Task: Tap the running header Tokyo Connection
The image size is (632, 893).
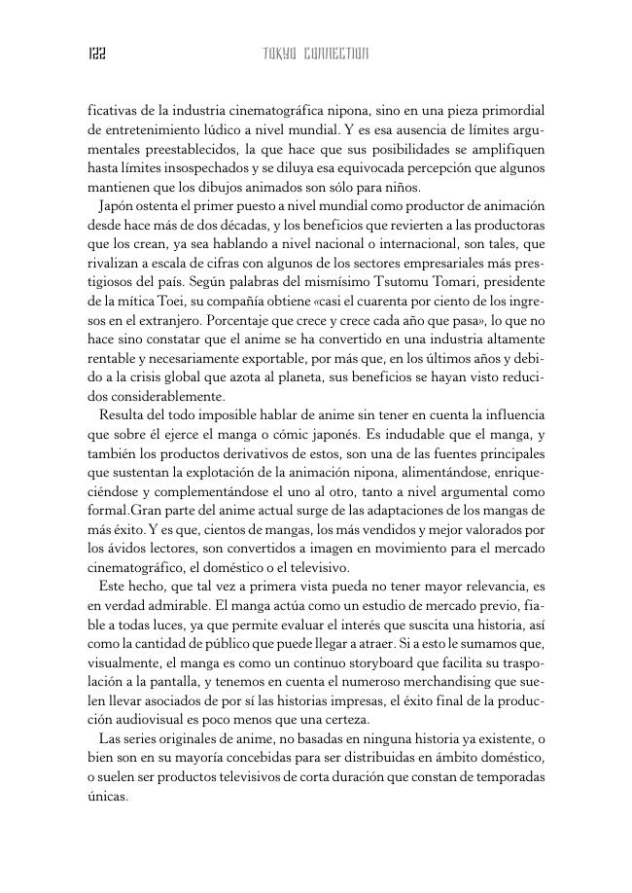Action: [315, 54]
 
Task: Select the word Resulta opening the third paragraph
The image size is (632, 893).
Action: [124, 415]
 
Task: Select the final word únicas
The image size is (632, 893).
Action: [108, 795]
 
